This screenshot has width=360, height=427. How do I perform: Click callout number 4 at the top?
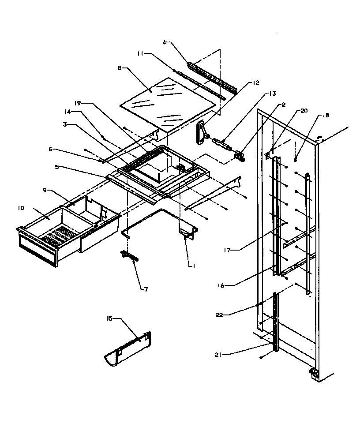pos(164,43)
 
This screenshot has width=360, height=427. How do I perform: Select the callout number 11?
pos(139,54)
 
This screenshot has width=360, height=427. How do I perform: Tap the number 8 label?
pos(119,68)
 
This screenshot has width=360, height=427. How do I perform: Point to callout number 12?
pos(256,82)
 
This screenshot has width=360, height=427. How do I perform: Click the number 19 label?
pos(77,103)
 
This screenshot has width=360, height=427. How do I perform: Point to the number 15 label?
pos(110,318)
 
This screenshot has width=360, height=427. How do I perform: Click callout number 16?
pos(221,285)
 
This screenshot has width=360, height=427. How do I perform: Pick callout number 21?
pos(220,354)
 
